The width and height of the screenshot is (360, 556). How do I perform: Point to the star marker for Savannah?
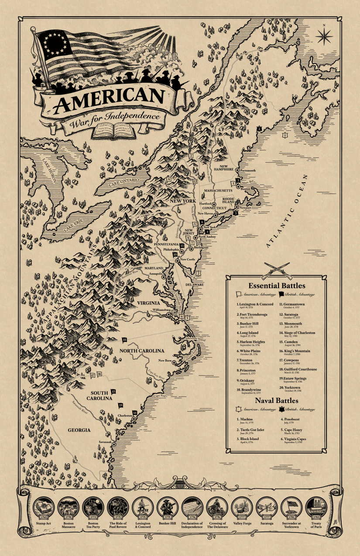pyautogui.click(x=114, y=443)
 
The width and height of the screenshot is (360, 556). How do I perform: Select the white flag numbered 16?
pyautogui.click(x=99, y=374)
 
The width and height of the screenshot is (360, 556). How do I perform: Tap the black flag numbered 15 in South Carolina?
pyautogui.click(x=113, y=392)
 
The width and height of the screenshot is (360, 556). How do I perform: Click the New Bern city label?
pyautogui.click(x=165, y=361)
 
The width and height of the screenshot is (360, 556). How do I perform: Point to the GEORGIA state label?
pyautogui.click(x=79, y=430)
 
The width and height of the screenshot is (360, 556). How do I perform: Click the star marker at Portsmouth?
pyautogui.click(x=237, y=170)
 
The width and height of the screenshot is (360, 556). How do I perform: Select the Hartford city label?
pyautogui.click(x=205, y=204)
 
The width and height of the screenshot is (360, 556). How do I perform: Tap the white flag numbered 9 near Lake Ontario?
pyautogui.click(x=168, y=179)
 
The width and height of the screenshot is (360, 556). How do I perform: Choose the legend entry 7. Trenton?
pyautogui.click(x=247, y=361)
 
